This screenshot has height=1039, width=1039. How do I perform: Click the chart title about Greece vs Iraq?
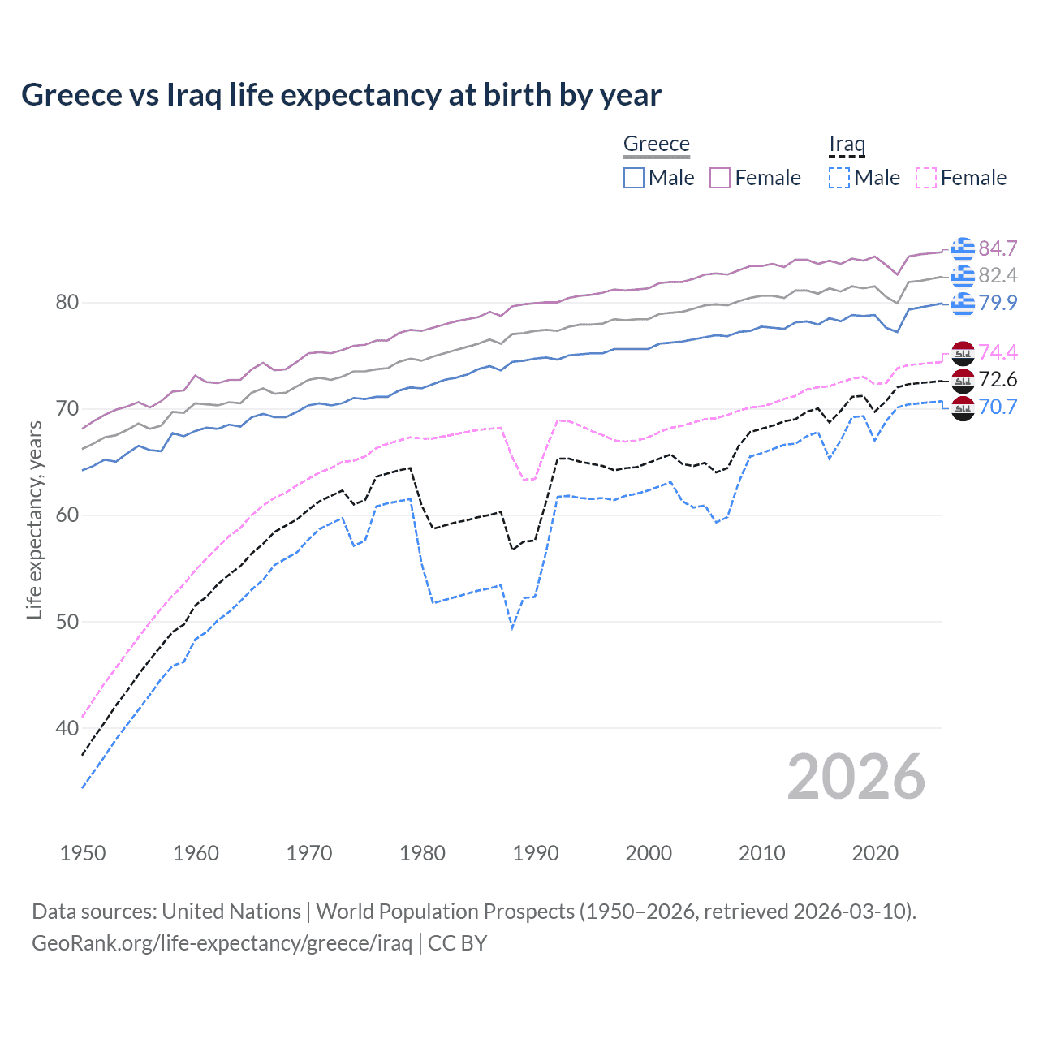341,95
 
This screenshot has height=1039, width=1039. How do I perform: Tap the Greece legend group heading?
656,144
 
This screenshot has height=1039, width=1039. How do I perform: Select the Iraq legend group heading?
847,144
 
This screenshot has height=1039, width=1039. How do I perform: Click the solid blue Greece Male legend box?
634,178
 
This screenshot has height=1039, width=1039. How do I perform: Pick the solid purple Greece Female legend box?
720,178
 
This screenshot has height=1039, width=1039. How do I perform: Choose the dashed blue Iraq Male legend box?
839,178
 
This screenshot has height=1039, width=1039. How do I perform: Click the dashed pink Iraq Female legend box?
925,178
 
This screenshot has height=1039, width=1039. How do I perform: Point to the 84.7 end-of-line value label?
998,248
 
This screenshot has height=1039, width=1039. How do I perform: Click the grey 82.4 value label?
998,276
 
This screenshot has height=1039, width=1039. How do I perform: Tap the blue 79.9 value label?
998,303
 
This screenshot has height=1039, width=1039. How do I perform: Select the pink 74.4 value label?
998,352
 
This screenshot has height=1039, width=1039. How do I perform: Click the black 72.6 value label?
998,379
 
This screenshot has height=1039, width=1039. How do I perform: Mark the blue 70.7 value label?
998,407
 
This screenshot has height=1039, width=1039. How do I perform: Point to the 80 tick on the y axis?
67,303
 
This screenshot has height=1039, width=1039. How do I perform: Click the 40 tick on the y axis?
67,728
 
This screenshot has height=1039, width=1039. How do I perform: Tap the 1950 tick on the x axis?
83,853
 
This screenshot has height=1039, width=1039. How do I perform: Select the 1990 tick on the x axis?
536,853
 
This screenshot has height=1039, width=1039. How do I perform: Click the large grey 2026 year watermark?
856,777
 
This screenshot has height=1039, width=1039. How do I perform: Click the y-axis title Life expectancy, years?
34,519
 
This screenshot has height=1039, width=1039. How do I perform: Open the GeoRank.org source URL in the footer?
222,943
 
